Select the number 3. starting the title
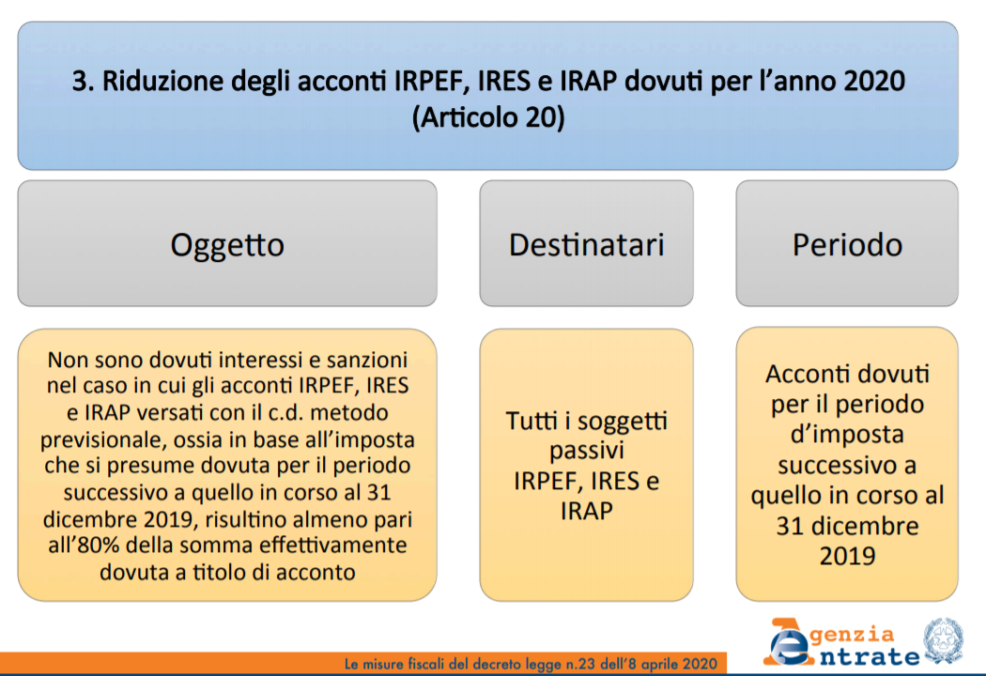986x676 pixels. [83, 82]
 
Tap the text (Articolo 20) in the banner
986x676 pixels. [488, 117]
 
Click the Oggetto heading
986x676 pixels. [227, 245]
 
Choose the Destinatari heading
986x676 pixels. [586, 245]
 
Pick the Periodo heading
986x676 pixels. [847, 245]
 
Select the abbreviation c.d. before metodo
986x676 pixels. [285, 412]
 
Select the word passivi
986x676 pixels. [586, 451]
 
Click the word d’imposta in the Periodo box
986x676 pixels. [847, 435]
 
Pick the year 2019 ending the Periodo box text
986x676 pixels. [847, 556]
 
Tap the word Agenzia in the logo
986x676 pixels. [830, 634]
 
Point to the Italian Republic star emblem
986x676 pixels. [942, 640]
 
